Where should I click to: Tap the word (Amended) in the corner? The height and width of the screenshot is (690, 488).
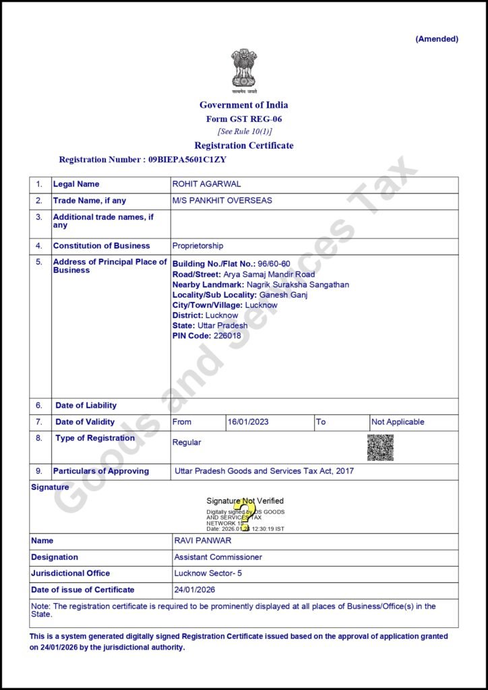coord(437,39)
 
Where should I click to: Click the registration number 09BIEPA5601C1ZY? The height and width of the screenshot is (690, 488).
coord(187,160)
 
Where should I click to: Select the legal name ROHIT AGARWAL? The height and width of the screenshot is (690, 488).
coord(207,184)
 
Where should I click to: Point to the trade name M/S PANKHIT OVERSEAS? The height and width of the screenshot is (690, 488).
coord(222,201)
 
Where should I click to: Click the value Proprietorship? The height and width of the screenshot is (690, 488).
coord(197,246)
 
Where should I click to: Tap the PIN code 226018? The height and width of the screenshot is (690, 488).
coord(227,336)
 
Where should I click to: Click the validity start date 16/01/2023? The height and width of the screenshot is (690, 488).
coord(248,422)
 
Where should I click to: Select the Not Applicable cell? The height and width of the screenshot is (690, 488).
coord(398,422)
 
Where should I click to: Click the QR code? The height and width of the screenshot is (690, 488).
coord(380,447)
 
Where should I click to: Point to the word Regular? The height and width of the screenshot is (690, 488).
coord(187,443)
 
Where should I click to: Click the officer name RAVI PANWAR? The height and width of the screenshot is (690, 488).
coord(203,540)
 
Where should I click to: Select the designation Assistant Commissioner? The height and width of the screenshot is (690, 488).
coord(218,557)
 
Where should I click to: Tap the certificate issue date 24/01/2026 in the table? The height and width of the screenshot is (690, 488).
coord(195,590)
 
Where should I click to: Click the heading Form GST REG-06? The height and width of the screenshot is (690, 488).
coord(243,119)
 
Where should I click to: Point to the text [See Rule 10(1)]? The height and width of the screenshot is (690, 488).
coord(244,131)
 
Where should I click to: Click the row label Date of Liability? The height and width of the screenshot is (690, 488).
coord(86,406)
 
